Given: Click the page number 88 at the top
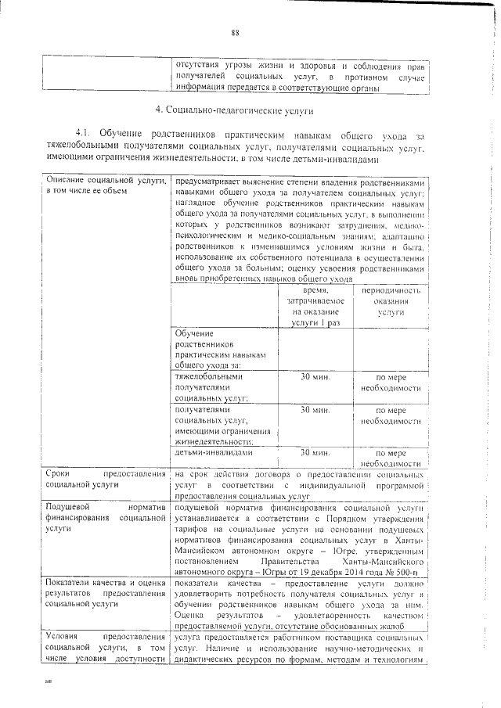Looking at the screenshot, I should (234, 32).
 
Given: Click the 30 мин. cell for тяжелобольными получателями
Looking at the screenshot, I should (315, 376).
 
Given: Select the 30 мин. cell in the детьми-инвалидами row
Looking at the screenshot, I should (315, 452).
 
